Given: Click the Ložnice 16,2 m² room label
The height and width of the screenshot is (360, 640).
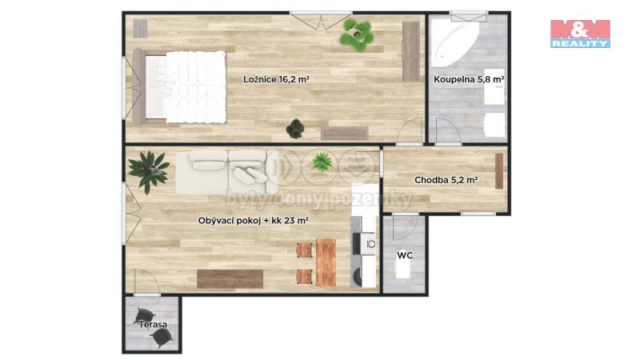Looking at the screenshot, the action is (276, 79).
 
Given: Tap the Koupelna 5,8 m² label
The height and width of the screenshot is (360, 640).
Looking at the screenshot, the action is (469, 79).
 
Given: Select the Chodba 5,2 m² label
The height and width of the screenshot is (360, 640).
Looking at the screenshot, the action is (446, 180).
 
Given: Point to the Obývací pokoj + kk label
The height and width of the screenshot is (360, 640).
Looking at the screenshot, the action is (253, 221).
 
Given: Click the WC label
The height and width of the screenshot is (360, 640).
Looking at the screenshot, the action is (405, 255).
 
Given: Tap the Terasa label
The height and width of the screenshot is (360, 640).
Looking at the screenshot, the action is (153, 325).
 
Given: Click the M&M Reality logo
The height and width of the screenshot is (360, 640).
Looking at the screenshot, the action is (580, 34).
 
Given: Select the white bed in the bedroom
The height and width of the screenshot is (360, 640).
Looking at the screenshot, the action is (180, 87).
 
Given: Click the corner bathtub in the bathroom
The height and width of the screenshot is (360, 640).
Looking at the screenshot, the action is (454, 45).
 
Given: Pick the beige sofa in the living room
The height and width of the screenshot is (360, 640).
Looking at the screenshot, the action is (228, 172).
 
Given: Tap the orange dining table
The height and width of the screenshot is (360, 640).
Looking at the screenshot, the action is (326, 262).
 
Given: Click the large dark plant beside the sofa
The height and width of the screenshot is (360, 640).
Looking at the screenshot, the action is (149, 171).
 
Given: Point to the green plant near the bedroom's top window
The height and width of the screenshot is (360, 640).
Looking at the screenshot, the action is (357, 35).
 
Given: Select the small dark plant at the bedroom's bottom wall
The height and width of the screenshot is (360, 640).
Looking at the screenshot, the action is (295, 129).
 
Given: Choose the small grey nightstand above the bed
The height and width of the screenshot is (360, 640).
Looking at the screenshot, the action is (140, 29).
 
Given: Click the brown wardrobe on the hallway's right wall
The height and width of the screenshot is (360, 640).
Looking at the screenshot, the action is (498, 171).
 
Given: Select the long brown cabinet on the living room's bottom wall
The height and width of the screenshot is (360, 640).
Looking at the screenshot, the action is (230, 278).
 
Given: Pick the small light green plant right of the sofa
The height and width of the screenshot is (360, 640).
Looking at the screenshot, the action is (322, 162).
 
